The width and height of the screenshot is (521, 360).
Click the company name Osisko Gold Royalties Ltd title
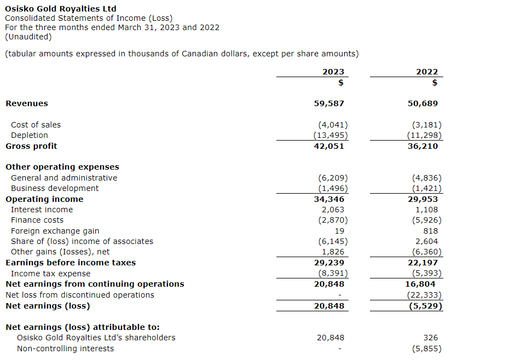[x=60, y=9]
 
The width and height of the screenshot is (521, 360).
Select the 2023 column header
[x=333, y=72]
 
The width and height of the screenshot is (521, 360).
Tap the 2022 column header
[x=427, y=72]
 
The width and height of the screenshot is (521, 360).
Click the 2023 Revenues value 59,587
[x=329, y=103]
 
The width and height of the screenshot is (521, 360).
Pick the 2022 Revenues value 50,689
[x=422, y=103]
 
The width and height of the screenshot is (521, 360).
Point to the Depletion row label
[x=30, y=135]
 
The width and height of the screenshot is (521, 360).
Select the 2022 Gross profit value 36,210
[x=422, y=146]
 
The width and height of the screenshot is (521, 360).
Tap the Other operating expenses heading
[x=62, y=167]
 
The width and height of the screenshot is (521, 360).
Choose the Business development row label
[x=55, y=188]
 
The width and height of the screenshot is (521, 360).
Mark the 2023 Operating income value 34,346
[x=329, y=199]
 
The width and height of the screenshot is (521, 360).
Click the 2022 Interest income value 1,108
[x=427, y=210]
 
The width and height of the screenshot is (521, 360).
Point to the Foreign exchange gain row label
[x=55, y=231]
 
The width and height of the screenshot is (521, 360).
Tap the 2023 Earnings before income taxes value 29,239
[x=329, y=263]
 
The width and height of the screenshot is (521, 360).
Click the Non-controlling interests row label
[x=66, y=349]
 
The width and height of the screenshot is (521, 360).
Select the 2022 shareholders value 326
[x=431, y=338]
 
